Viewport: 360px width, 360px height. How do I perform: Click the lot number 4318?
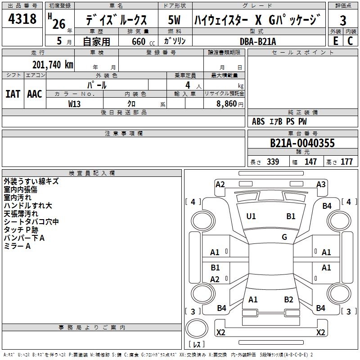pyautogui.click(x=22, y=19)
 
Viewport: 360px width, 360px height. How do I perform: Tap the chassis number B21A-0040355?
pyautogui.click(x=302, y=143)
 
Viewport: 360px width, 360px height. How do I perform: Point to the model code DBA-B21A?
pyautogui.click(x=258, y=41)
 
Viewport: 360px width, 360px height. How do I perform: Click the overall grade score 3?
pyautogui.click(x=343, y=20)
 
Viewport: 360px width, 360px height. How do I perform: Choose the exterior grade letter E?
pyautogui.click(x=335, y=41)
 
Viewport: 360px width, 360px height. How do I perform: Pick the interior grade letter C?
pyautogui.click(x=350, y=41)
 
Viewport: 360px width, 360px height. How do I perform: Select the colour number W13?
pyautogui.click(x=75, y=103)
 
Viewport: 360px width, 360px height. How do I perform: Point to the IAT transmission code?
pyautogui.click(x=13, y=94)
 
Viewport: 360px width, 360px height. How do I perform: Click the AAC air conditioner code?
pyautogui.click(x=35, y=94)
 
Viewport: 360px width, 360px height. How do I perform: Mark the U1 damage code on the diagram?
pyautogui.click(x=251, y=216)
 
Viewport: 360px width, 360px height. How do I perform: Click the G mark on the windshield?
pyautogui.click(x=284, y=237)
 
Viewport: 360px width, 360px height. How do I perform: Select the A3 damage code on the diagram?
pyautogui.click(x=321, y=184)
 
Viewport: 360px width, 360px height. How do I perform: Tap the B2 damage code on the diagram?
pyautogui.click(x=289, y=299)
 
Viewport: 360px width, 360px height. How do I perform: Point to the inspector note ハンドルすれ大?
pyautogui.click(x=28, y=206)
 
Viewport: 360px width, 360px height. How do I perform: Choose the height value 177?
pyautogui.click(x=346, y=162)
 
